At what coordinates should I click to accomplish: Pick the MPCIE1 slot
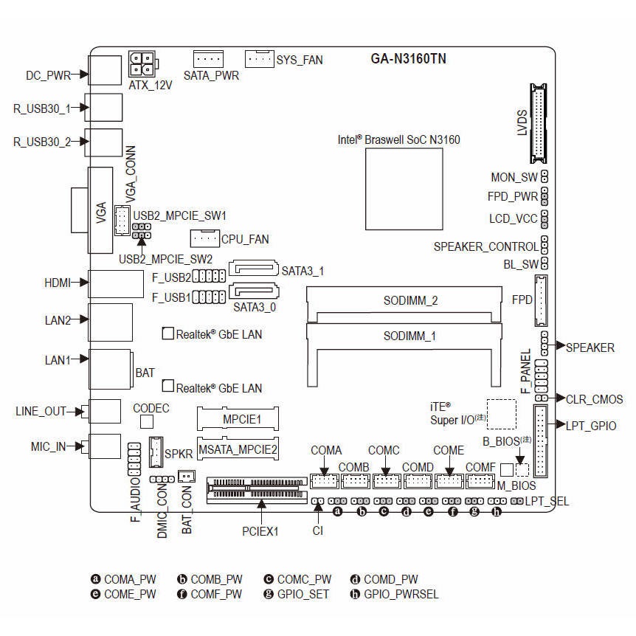pyautogui.click(x=238, y=420)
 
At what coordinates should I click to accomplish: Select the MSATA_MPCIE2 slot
pyautogui.click(x=238, y=448)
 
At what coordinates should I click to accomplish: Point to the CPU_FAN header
pyautogui.click(x=204, y=238)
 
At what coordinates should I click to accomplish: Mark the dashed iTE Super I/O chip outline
pyautogui.click(x=502, y=414)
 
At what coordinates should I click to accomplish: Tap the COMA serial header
pyautogui.click(x=324, y=481)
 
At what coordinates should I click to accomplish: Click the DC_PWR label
pyautogui.click(x=47, y=75)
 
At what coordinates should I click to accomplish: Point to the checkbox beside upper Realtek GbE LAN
pyautogui.click(x=167, y=333)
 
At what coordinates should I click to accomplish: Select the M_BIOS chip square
pyautogui.click(x=506, y=469)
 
